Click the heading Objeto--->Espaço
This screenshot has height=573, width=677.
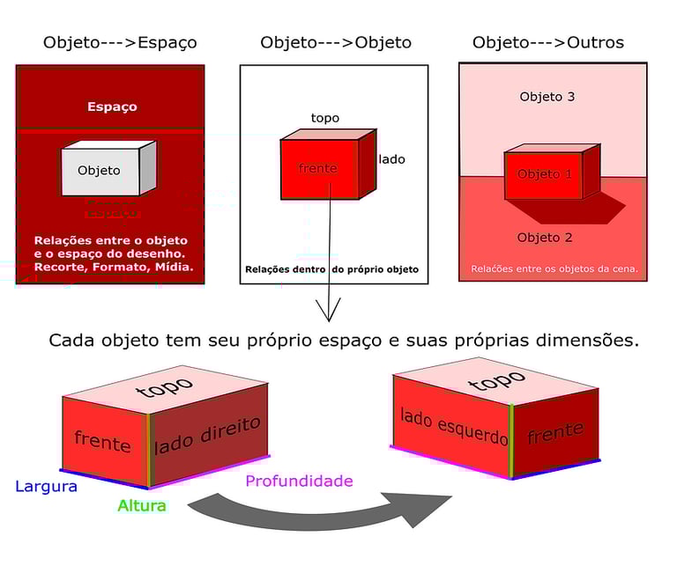point(120,42)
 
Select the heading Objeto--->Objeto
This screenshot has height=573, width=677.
point(336,42)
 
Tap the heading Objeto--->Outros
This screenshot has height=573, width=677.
point(547,42)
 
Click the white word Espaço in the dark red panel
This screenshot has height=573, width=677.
point(112,107)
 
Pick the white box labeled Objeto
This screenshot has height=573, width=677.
point(100,171)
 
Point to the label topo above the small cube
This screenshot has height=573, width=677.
point(324,118)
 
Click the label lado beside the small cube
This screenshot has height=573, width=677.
point(392,159)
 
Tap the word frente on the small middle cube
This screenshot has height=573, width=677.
point(318,168)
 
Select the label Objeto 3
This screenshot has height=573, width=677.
point(547,97)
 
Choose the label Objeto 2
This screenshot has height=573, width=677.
point(545,238)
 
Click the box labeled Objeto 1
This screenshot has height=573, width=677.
point(544,174)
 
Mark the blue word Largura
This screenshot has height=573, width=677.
point(46,486)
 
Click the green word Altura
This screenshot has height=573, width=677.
point(142,505)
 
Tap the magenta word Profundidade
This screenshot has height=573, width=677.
point(299,481)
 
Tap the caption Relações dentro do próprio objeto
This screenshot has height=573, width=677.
point(331,269)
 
